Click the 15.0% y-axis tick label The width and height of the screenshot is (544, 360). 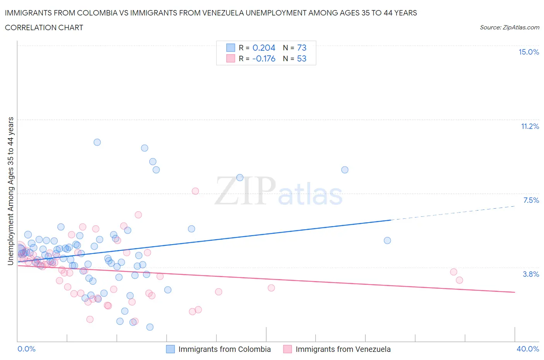(x=529, y=52)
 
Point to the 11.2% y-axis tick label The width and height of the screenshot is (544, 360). (x=530, y=126)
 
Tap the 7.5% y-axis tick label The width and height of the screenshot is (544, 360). (x=531, y=200)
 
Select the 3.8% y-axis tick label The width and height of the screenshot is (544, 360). (x=531, y=274)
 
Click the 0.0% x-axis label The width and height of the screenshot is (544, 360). (x=26, y=349)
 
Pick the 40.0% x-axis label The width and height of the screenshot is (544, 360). (x=528, y=349)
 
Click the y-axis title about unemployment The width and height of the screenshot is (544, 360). (x=10, y=191)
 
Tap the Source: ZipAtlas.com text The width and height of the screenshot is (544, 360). (x=509, y=27)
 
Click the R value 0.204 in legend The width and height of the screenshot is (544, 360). (x=263, y=48)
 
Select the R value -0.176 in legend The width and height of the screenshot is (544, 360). (x=263, y=58)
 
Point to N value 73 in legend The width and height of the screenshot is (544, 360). (x=301, y=48)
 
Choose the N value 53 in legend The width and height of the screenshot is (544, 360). (x=301, y=58)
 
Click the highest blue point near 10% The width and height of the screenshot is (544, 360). (x=97, y=142)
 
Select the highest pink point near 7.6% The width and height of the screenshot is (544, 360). (x=195, y=191)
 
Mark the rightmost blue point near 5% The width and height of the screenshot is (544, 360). (x=387, y=240)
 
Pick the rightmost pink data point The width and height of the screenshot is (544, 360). (x=459, y=280)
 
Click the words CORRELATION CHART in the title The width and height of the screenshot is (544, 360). (x=44, y=27)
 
